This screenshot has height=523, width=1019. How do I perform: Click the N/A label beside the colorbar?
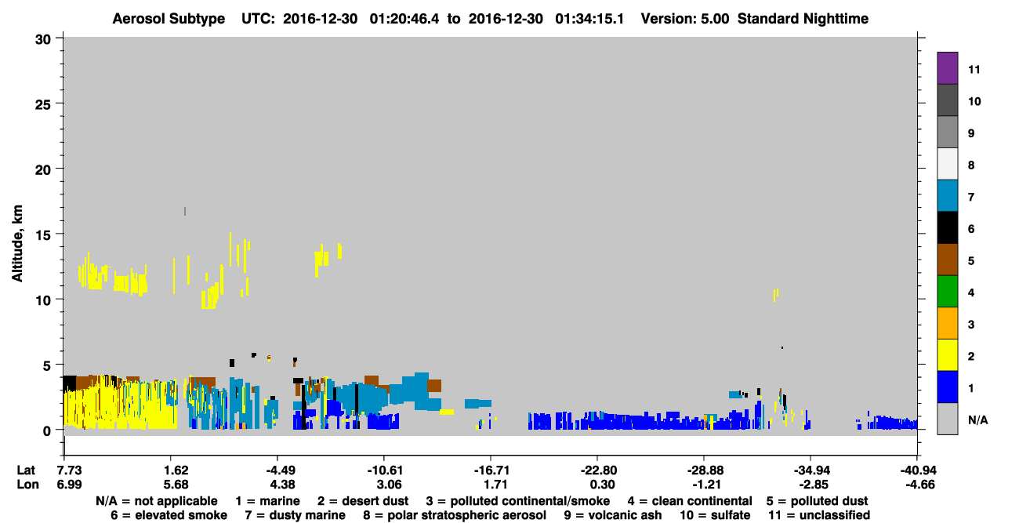coord(977,419)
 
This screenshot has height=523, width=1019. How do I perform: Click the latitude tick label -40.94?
coord(918,470)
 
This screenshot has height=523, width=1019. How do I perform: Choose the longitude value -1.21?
coord(704,485)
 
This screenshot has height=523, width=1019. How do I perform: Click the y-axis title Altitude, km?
coord(16,243)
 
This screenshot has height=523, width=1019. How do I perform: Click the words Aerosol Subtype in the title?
coord(169,19)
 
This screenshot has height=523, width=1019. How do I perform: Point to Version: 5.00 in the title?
coord(685,19)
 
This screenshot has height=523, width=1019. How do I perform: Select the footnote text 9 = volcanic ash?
coord(613,515)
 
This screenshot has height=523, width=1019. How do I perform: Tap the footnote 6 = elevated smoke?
coord(169,515)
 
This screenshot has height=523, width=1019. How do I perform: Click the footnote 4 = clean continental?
coord(690,501)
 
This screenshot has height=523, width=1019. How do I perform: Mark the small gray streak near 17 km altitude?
coord(185,211)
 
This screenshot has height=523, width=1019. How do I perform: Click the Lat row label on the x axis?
coord(26,470)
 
